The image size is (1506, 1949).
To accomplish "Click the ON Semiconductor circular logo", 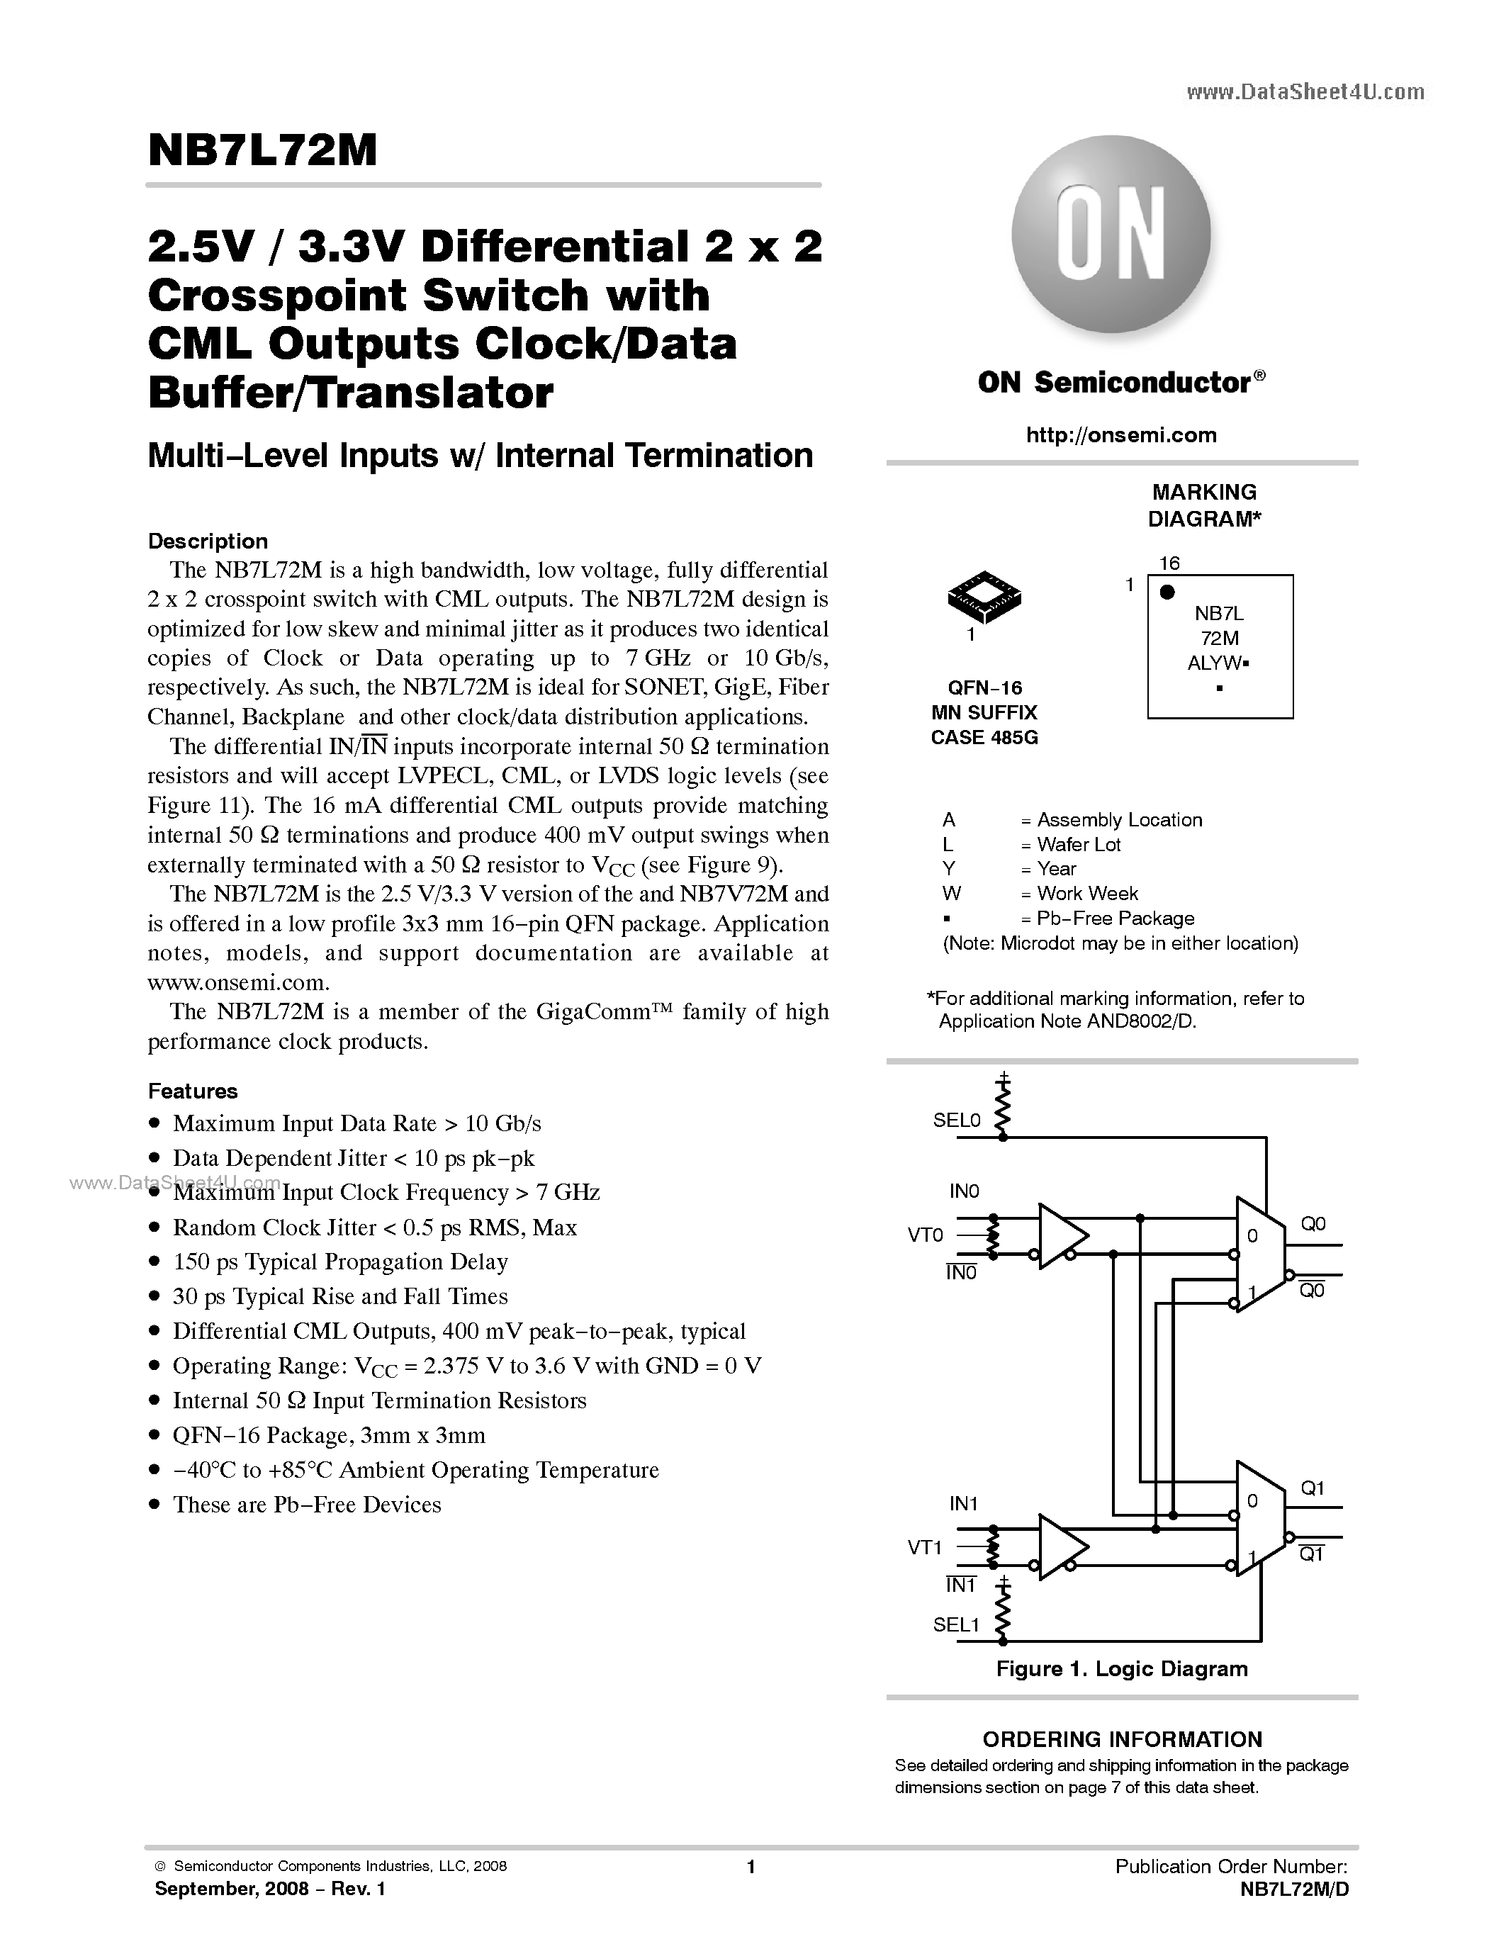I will [x=1111, y=235].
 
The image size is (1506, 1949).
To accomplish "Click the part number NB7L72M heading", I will [x=262, y=151].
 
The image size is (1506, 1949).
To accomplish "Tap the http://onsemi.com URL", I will [x=1120, y=434].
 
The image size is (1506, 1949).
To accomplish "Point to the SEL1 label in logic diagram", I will [x=957, y=1625].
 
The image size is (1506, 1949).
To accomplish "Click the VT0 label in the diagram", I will [x=925, y=1235].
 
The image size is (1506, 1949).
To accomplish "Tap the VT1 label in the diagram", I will [x=925, y=1547].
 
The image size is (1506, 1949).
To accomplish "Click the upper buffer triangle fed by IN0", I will [x=1061, y=1235].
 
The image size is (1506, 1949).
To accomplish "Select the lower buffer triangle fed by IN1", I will [x=1061, y=1547].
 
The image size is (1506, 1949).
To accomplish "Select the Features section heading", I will [x=193, y=1091].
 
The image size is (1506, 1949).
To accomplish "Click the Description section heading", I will [x=207, y=541].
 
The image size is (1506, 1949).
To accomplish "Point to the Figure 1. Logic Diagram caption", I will [x=1121, y=1670].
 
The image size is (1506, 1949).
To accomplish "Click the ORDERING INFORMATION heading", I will [x=1121, y=1739].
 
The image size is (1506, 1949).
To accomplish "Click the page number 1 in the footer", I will [x=751, y=1867].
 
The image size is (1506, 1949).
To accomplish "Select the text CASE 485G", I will [x=984, y=738].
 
